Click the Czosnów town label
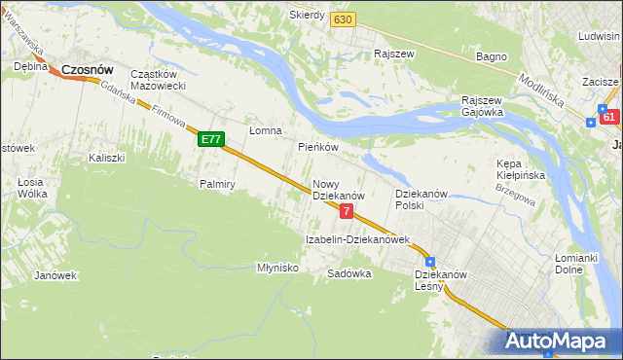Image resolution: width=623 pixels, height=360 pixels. (x=88, y=70)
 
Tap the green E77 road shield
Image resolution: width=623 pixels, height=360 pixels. (x=211, y=140)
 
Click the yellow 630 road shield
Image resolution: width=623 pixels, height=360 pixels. (x=342, y=19)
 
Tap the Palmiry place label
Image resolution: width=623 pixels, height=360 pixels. (x=218, y=183)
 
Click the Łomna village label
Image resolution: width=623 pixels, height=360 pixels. (x=265, y=130)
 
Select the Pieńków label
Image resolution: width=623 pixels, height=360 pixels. (x=317, y=147)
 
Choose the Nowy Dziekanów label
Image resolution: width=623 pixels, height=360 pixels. (x=338, y=190)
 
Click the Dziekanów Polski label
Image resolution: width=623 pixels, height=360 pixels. (x=421, y=199)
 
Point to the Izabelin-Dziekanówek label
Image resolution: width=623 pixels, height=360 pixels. (x=357, y=238)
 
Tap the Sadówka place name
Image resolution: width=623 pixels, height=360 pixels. (x=349, y=273)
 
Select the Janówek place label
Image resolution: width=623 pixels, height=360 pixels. (x=55, y=275)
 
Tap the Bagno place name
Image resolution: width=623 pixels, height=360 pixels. (x=492, y=56)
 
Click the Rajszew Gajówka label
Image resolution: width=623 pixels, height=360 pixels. (x=482, y=105)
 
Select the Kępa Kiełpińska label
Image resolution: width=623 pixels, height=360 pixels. (x=519, y=169)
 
